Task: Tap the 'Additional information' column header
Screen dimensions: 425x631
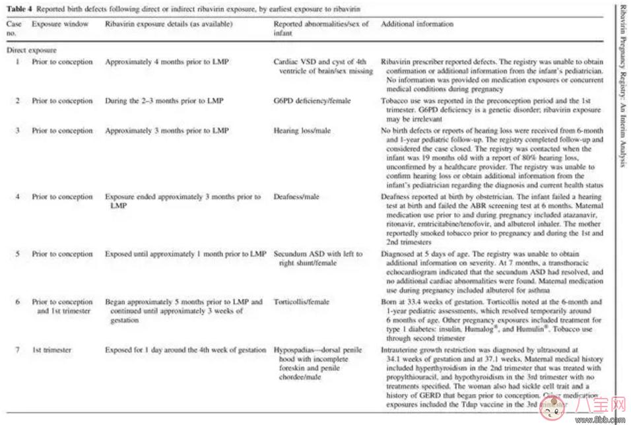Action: pos(417,24)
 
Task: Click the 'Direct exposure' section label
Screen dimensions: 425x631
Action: pos(32,49)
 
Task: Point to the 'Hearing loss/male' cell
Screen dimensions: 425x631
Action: pos(302,131)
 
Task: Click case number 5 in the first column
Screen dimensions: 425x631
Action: pos(17,254)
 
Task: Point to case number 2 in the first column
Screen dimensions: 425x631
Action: pos(17,102)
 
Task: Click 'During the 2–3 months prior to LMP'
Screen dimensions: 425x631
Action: pos(164,102)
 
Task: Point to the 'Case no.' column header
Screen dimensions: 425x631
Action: pos(14,28)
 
